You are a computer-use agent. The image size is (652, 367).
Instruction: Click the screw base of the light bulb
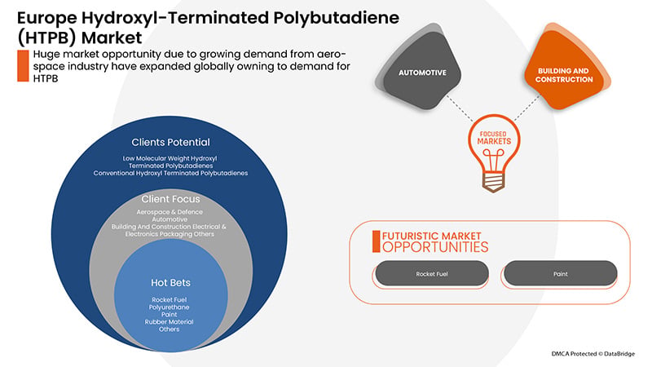coord(494,182)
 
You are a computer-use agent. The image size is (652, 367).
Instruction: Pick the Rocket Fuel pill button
coord(432,273)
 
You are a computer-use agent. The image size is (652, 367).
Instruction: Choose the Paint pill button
coord(561,273)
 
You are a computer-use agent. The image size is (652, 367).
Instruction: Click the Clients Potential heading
coord(170,142)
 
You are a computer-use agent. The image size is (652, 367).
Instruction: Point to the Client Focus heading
coord(170,199)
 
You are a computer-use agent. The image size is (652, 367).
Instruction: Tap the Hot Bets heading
coord(170,283)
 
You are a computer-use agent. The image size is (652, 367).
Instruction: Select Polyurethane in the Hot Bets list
coord(170,307)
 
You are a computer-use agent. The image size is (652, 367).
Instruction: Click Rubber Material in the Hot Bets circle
coord(170,321)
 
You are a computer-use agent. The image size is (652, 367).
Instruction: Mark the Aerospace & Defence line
coord(170,212)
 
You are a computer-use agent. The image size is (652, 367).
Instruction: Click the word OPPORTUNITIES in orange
coord(435,247)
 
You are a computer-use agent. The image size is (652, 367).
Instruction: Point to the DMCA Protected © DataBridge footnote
coord(593,354)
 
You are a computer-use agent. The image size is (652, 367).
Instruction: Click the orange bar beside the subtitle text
coord(23,66)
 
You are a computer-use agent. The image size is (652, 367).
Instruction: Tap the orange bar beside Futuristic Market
coord(376,241)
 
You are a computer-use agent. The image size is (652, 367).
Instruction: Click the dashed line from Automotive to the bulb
coord(460,108)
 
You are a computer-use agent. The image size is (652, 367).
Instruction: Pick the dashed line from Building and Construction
coord(526,108)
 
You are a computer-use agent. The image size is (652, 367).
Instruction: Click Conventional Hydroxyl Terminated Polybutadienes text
coord(170,173)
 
